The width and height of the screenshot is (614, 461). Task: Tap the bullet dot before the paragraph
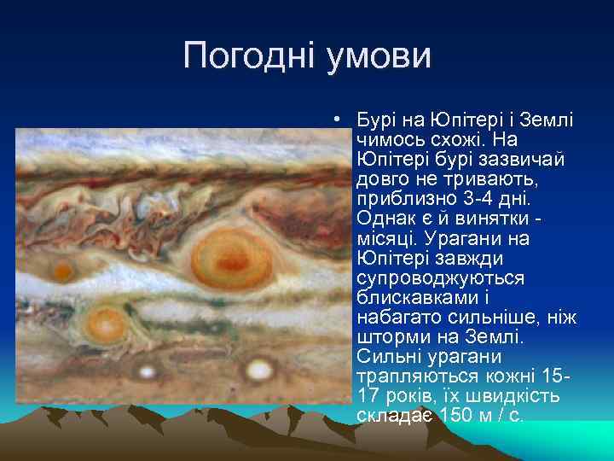pyautogui.click(x=339, y=120)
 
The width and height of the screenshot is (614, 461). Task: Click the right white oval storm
pyautogui.click(x=258, y=370)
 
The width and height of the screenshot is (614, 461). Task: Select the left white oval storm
pyautogui.click(x=148, y=371)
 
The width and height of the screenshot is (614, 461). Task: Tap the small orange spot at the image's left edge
pyautogui.click(x=62, y=271)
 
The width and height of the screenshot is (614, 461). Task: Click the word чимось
pyautogui.click(x=395, y=139)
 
